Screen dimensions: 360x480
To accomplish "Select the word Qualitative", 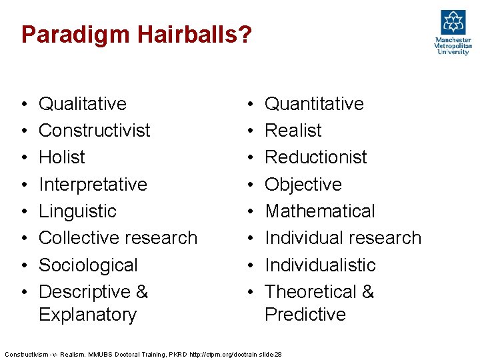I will pos(83,104).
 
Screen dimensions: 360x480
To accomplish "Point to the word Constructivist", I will pos(95,131).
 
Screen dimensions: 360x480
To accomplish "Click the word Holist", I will pos(62,157).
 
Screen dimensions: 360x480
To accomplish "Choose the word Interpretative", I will pos(93,184).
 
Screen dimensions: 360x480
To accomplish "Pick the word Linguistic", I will pos(77,211).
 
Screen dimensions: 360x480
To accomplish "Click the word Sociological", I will pos(88,265).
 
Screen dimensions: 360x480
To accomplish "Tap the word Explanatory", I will pos(87,314).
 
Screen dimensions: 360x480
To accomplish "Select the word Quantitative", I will pos(314,104).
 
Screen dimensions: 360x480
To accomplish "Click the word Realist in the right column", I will pos(293,131).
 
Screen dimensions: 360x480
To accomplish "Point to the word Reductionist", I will pos(316,157).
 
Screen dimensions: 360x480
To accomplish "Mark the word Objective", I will pos(303,184).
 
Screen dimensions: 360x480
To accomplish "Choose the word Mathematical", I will pos(320,211).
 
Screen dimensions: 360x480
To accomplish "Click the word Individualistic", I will pos(320,265).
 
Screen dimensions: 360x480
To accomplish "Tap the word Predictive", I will pos(305,314).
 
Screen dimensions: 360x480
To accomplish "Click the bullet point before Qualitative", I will pos(23,105).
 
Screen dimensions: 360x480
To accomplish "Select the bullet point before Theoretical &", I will pos(249,293).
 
